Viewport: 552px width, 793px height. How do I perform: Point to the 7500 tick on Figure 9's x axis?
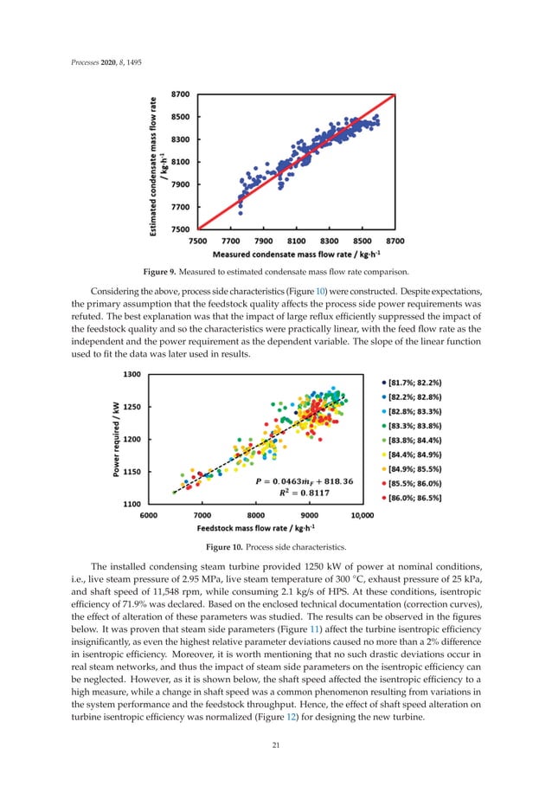(198, 241)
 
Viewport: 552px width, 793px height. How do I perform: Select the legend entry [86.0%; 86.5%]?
(416, 498)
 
